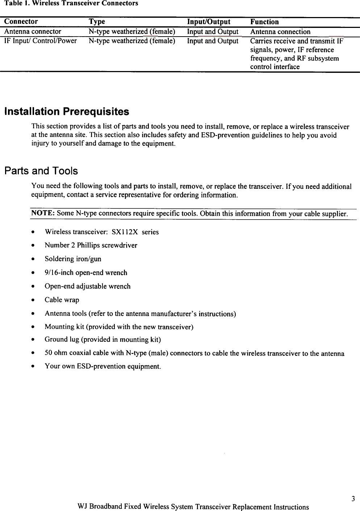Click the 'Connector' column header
click(x=21, y=22)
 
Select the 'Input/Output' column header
click(x=209, y=22)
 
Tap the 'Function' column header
click(x=264, y=22)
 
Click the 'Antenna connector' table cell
click(x=33, y=32)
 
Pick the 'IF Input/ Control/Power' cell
click(x=41, y=41)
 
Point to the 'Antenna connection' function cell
click(x=280, y=32)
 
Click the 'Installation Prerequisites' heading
click(x=67, y=112)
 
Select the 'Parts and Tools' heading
click(x=41, y=171)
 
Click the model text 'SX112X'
click(x=125, y=232)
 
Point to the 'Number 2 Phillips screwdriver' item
click(x=91, y=245)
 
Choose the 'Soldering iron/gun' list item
click(x=73, y=259)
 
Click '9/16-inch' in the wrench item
click(x=59, y=273)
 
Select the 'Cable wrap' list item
click(x=62, y=300)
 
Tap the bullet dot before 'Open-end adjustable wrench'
click(x=33, y=286)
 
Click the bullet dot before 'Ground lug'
click(x=33, y=340)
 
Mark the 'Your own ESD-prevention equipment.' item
click(x=102, y=366)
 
